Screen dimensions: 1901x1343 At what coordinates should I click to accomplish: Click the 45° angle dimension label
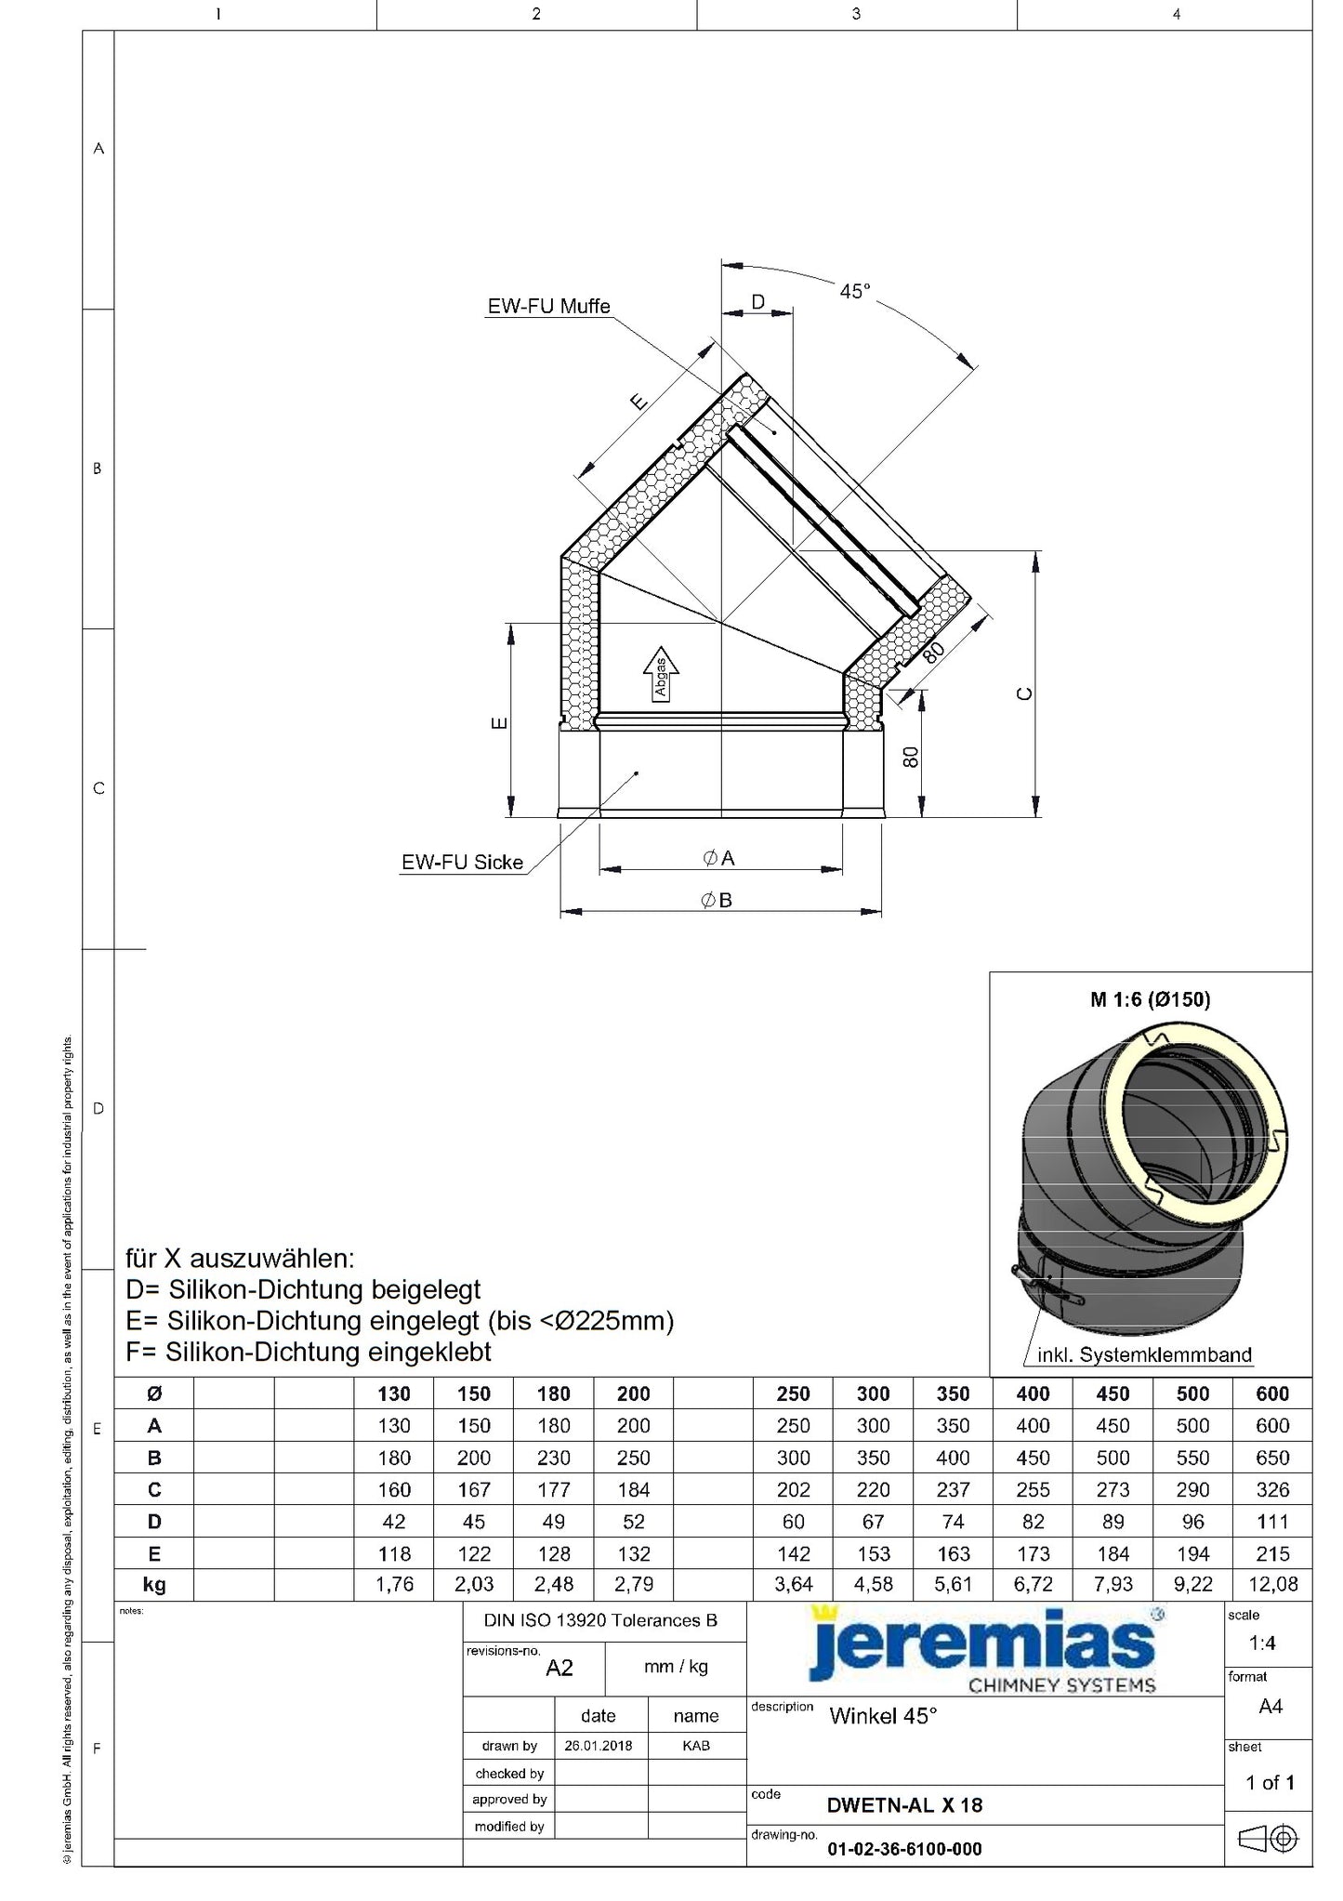855,291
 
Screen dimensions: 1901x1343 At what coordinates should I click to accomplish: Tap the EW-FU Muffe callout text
548,306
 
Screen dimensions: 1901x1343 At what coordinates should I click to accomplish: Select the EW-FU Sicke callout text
462,863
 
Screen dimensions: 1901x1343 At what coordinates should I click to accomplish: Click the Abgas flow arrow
661,674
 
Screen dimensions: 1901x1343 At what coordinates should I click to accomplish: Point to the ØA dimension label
719,858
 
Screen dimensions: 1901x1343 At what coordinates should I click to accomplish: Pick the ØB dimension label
717,900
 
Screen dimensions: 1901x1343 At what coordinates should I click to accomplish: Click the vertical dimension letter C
1025,693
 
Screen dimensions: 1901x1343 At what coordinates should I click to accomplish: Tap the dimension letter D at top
757,301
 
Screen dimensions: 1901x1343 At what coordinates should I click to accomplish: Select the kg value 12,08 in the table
1271,1584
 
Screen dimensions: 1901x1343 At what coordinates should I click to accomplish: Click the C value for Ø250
793,1489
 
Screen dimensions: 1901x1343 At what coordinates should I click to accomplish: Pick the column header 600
1271,1393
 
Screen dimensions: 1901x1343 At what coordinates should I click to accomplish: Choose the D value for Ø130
394,1521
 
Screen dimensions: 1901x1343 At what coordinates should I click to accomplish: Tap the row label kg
154,1584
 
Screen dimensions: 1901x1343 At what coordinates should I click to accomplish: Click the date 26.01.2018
598,1746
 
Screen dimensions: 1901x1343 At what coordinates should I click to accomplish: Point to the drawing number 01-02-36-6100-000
904,1849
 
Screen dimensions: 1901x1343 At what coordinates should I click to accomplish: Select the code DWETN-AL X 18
904,1805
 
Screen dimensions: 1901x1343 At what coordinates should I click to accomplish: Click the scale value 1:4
1261,1643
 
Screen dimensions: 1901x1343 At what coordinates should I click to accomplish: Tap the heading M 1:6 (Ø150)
1150,999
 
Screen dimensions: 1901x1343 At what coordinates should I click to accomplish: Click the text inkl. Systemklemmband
1144,1354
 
